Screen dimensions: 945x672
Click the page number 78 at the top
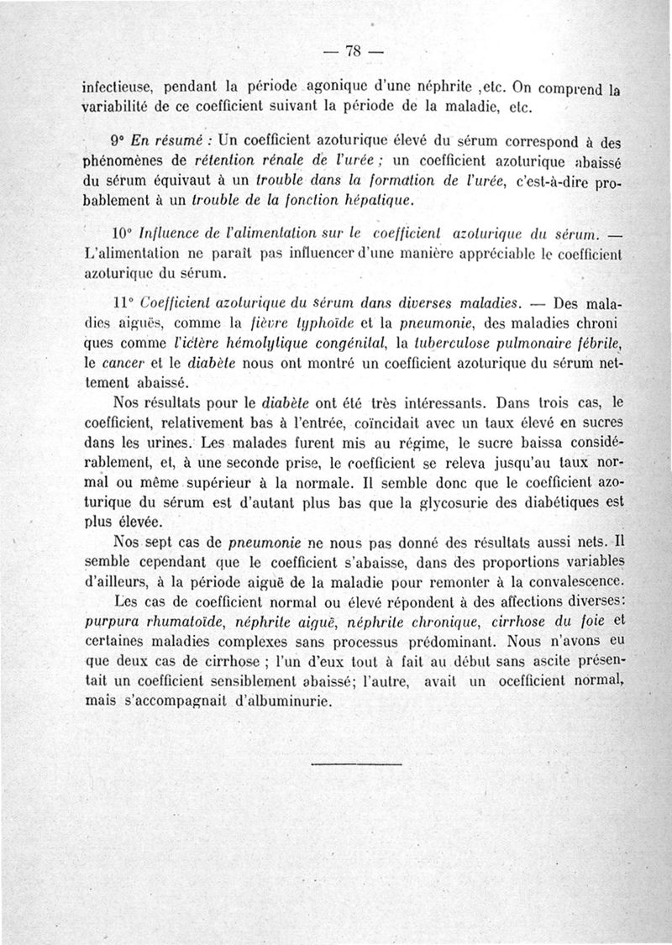(x=353, y=51)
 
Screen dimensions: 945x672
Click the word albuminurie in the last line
(x=288, y=702)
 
